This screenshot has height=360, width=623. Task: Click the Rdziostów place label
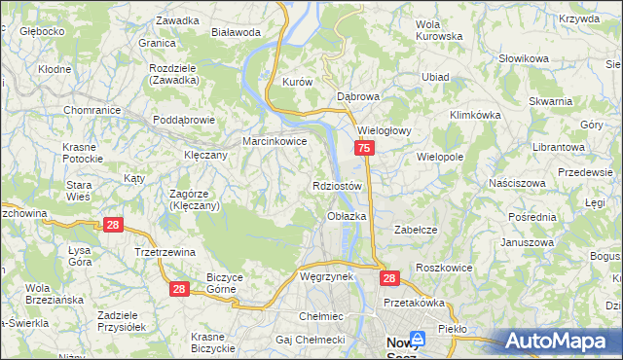pyautogui.click(x=338, y=186)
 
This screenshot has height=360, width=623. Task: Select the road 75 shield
pyautogui.click(x=364, y=148)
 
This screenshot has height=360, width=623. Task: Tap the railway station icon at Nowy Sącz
pyautogui.click(x=419, y=340)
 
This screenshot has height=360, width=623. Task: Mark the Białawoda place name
pyautogui.click(x=236, y=31)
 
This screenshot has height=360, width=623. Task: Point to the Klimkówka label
pyautogui.click(x=475, y=114)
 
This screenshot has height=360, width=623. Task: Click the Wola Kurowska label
pyautogui.click(x=438, y=29)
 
